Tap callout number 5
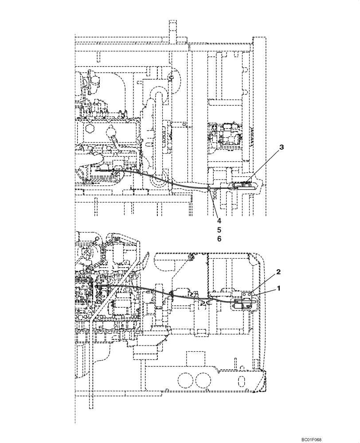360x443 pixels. click(x=219, y=229)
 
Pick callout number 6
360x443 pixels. click(x=219, y=239)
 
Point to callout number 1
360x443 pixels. click(x=279, y=288)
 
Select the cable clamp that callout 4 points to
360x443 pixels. click(x=209, y=190)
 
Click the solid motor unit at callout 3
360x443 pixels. click(x=243, y=186)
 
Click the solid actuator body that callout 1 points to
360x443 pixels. click(x=241, y=305)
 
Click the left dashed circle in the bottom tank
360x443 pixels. click(x=185, y=380)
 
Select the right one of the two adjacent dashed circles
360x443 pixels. click(x=203, y=380)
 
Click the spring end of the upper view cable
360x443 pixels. click(x=103, y=170)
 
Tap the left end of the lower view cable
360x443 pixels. click(x=96, y=287)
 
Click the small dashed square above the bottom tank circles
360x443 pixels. click(x=194, y=358)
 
